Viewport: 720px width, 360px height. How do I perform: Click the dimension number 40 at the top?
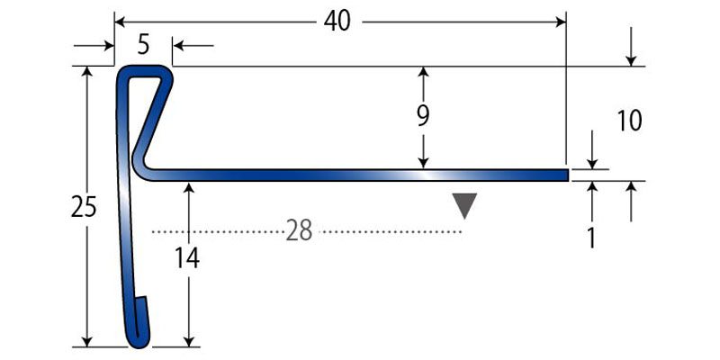point(337,21)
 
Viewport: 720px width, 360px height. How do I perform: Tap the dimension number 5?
point(144,42)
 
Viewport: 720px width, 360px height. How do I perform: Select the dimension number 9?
point(423,115)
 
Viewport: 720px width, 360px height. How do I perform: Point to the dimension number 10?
point(629,120)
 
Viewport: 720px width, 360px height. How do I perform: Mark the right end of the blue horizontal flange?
point(565,175)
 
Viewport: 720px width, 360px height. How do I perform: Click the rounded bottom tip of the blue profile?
point(137,341)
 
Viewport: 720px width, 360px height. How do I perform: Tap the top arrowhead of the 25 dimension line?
point(87,72)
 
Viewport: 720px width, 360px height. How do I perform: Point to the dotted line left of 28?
point(216,232)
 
